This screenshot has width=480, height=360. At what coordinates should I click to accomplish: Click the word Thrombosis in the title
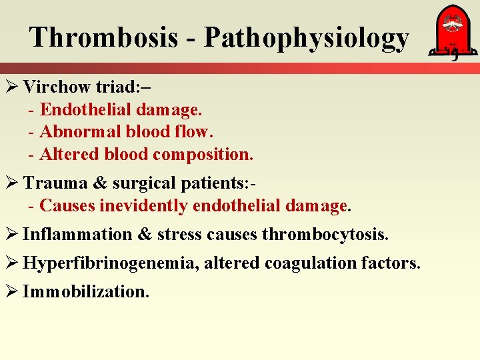click(103, 37)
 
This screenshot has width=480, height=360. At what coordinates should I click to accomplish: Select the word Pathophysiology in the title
click(306, 39)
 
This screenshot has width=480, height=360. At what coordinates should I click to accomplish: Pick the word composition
click(203, 154)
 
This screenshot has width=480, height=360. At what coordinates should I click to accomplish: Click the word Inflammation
click(77, 235)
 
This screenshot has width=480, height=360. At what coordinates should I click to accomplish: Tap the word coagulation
click(310, 264)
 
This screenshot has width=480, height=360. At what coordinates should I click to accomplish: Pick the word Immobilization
click(86, 292)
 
